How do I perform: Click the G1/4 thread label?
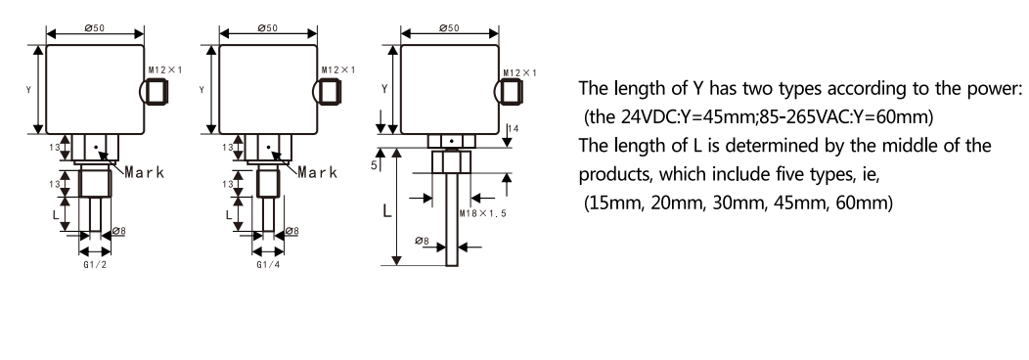click(267, 264)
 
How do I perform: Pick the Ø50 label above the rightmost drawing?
click(451, 28)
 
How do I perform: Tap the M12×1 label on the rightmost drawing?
click(519, 72)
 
